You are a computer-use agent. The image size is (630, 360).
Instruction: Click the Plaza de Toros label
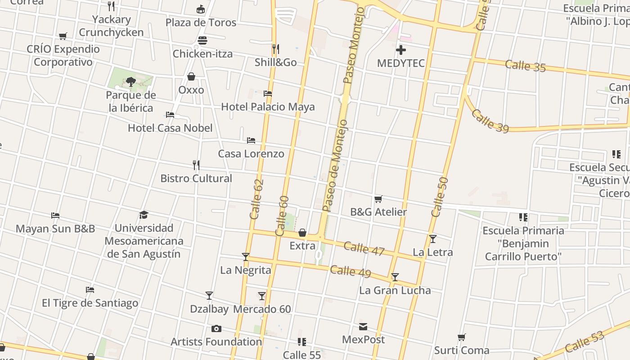click(201, 22)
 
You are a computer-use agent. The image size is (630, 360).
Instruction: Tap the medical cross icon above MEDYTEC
click(400, 50)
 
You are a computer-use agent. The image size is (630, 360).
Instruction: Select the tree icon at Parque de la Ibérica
click(130, 82)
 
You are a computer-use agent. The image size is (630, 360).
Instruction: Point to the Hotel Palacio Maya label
click(268, 107)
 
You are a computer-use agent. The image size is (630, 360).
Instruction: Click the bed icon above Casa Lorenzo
click(251, 140)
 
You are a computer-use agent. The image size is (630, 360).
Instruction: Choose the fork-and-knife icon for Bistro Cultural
click(196, 165)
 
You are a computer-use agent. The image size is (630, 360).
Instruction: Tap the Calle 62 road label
click(256, 199)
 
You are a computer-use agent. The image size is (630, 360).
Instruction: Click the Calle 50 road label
click(439, 197)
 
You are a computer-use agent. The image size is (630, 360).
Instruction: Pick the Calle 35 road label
click(525, 66)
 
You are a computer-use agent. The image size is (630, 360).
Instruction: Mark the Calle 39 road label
click(490, 121)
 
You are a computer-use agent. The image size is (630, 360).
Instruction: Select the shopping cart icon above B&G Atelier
click(378, 199)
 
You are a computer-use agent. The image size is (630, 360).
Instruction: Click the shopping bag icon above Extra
click(302, 233)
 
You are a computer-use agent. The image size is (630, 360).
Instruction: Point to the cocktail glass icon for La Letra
click(432, 239)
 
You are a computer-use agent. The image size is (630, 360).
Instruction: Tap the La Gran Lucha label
click(395, 290)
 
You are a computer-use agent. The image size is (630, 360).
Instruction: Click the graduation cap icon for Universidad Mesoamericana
click(144, 215)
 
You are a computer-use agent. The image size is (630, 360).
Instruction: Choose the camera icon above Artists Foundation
click(216, 329)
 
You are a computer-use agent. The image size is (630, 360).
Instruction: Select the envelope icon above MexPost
click(363, 327)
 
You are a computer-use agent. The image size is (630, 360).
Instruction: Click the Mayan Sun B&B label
click(55, 229)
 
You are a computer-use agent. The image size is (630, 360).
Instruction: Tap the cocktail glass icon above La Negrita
click(246, 257)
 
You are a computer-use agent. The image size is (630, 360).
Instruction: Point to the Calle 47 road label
click(364, 248)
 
